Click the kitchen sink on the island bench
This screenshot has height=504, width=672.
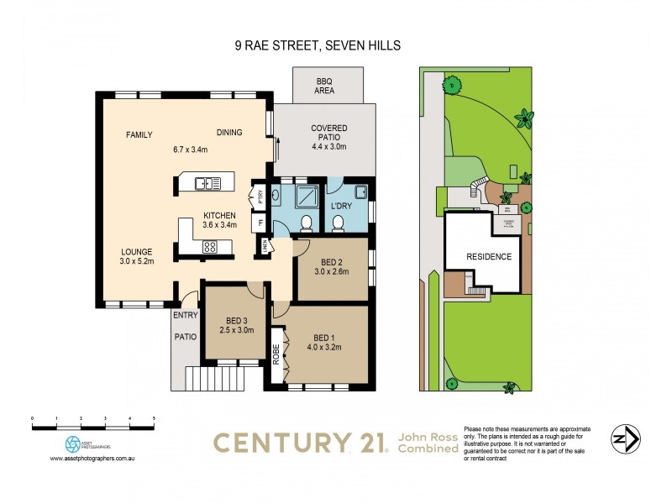click(x=207, y=182)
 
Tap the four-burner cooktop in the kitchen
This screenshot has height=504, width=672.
click(x=210, y=246)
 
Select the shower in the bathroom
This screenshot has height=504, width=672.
click(x=307, y=197)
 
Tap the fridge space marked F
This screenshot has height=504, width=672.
click(x=260, y=224)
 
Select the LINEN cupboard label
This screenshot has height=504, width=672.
click(x=265, y=246)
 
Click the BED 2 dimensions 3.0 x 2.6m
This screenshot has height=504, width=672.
click(x=330, y=271)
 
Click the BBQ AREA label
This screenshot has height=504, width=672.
click(x=324, y=85)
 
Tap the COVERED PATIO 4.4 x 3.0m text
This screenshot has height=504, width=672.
click(x=328, y=138)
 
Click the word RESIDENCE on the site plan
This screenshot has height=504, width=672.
click(x=489, y=256)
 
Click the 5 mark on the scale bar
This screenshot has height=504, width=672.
click(x=153, y=417)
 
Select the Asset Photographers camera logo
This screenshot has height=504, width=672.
click(x=74, y=444)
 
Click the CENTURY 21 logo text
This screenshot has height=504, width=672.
click(x=298, y=443)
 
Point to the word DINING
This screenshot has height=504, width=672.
click(x=229, y=132)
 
